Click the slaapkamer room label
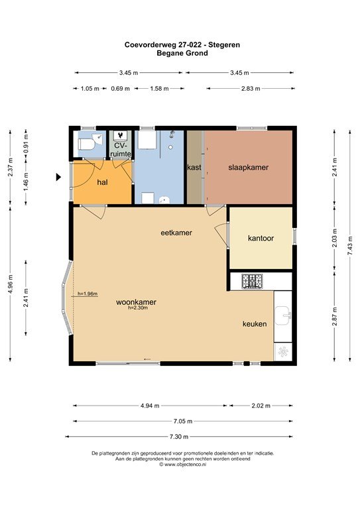pyautogui.click(x=249, y=168)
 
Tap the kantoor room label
pyautogui.click(x=261, y=239)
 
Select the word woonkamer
pyautogui.click(x=137, y=302)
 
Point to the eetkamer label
pyautogui.click(x=176, y=233)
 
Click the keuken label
pyautogui.click(x=255, y=323)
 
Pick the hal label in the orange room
pyautogui.click(x=102, y=182)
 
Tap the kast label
pyautogui.click(x=194, y=168)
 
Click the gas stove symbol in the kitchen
pyautogui.click(x=252, y=281)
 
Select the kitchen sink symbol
pyautogui.click(x=283, y=315)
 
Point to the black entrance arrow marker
pyautogui.click(x=58, y=177)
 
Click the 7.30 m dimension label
pyautogui.click(x=179, y=437)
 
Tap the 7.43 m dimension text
pyautogui.click(x=350, y=246)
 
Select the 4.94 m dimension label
pyautogui.click(x=150, y=406)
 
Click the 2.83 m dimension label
pyautogui.click(x=251, y=88)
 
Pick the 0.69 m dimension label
pyautogui.click(x=121, y=88)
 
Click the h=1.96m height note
pyautogui.click(x=88, y=294)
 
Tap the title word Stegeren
pyautogui.click(x=224, y=45)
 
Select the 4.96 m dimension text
pyautogui.click(x=11, y=284)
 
